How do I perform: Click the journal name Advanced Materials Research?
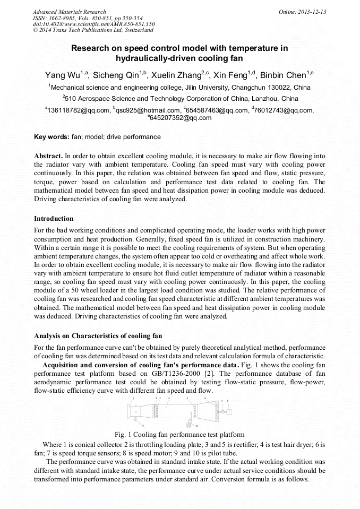point(69,12)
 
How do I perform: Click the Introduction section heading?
point(54,219)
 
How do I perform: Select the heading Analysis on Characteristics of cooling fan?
point(98,336)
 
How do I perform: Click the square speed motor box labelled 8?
point(229,410)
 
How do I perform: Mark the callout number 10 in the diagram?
point(197,426)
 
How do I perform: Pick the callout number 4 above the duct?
point(168,398)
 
